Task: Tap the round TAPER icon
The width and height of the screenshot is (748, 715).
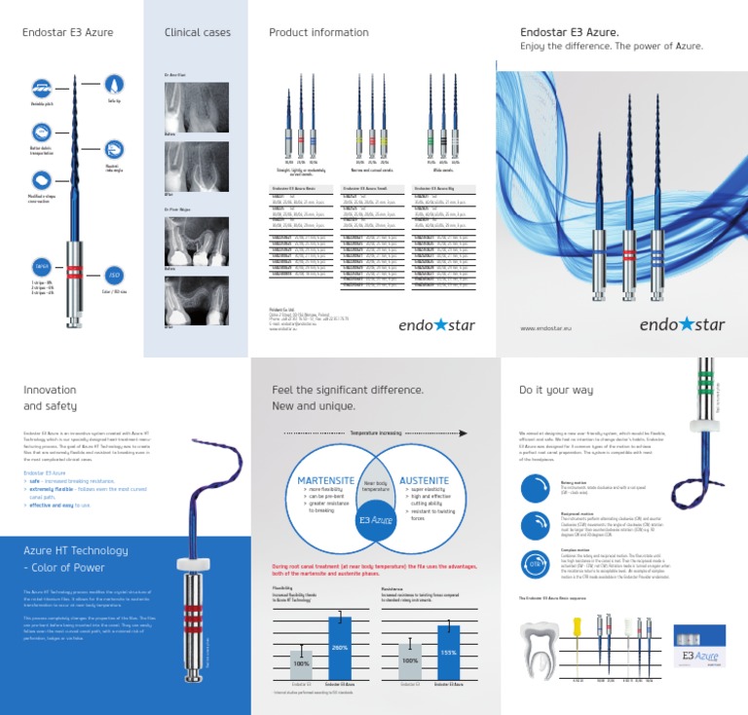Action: tap(42, 266)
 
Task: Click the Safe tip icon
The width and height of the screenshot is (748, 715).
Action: tap(113, 86)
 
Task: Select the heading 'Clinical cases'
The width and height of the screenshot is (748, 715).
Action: tap(198, 33)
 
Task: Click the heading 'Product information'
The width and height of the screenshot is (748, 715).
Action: tap(318, 33)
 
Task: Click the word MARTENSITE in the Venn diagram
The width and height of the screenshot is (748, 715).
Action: tap(324, 480)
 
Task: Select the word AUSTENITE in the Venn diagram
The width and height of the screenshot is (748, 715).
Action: tap(424, 480)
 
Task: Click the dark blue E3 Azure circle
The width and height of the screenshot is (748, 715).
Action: tap(374, 519)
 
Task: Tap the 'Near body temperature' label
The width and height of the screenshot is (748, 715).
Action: tap(374, 484)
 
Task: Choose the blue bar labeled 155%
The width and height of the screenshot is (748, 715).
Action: tap(447, 652)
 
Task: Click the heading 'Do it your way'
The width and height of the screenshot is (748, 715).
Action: tap(555, 390)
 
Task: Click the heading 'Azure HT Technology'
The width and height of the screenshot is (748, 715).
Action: tap(75, 550)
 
